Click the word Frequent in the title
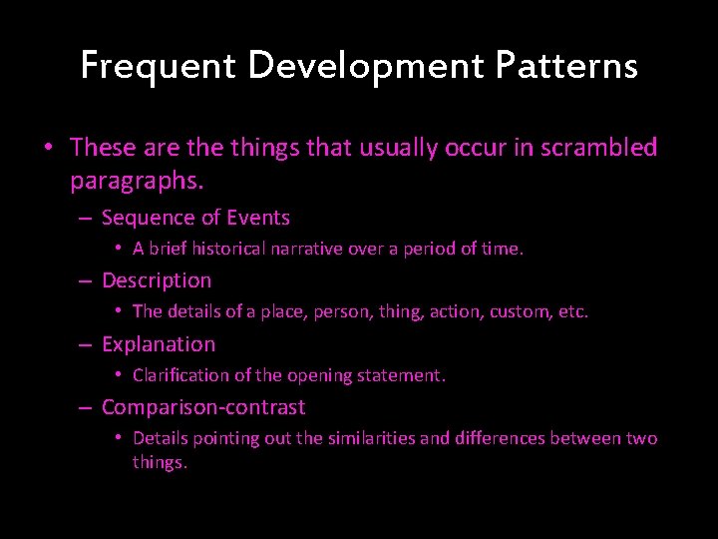[x=158, y=66]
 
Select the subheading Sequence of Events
[x=195, y=218]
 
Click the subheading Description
[x=157, y=280]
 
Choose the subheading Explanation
[x=159, y=344]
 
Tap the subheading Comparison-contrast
[x=203, y=407]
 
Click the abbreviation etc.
[x=573, y=312]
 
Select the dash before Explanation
[x=87, y=344]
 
